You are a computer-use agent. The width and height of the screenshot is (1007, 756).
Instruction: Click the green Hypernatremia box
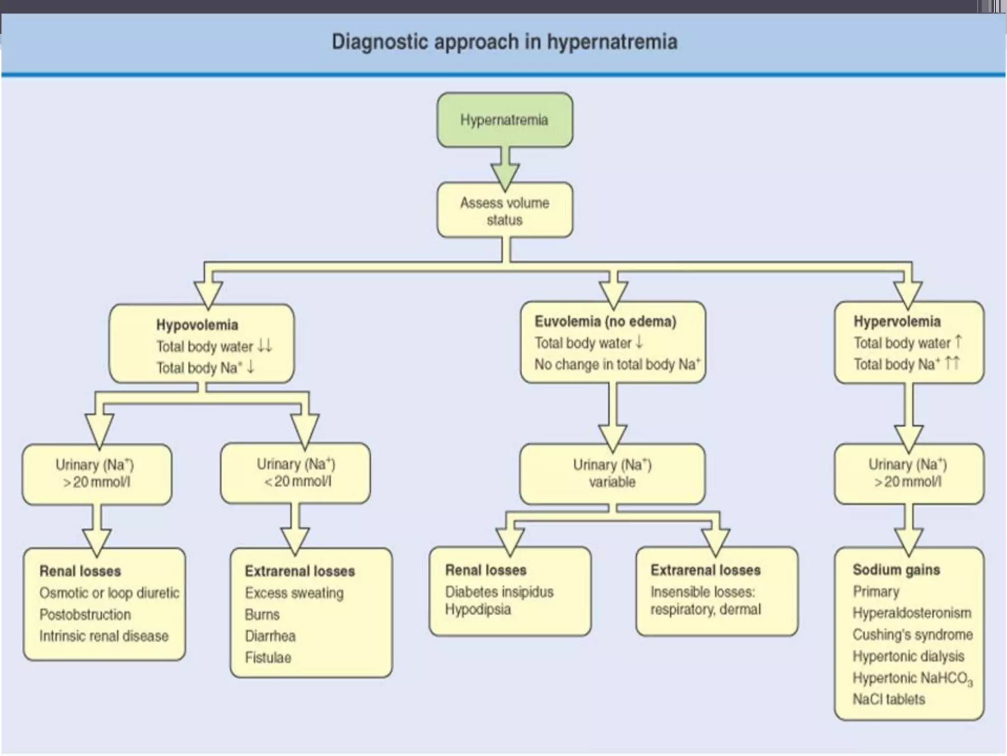click(x=504, y=120)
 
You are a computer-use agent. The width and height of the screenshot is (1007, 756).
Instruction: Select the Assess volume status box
click(x=504, y=211)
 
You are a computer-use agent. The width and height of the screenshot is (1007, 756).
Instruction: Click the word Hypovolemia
click(x=197, y=325)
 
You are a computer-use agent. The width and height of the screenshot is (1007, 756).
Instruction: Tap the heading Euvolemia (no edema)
click(x=605, y=321)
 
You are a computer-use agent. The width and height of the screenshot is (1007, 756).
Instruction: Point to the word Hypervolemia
click(x=897, y=321)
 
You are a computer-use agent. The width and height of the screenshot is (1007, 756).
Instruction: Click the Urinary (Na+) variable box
click(x=612, y=473)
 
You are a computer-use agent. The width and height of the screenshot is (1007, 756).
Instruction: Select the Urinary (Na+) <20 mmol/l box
click(x=296, y=472)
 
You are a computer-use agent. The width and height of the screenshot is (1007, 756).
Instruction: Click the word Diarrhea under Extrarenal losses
click(x=270, y=636)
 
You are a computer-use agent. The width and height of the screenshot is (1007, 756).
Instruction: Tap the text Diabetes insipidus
click(x=499, y=592)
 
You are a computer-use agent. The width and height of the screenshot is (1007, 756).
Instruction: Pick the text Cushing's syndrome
click(x=913, y=634)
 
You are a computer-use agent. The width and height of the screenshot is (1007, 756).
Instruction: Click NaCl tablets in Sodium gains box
click(x=889, y=699)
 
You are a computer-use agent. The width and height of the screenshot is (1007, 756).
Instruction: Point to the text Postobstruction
click(x=85, y=614)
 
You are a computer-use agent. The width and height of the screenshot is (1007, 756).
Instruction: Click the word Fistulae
click(x=268, y=658)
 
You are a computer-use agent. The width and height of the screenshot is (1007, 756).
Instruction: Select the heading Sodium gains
click(x=896, y=569)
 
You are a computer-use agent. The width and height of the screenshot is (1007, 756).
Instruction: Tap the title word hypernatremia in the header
click(x=612, y=42)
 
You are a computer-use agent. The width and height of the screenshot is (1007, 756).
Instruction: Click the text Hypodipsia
click(x=478, y=609)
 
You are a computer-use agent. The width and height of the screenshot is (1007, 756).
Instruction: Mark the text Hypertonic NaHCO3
click(x=913, y=678)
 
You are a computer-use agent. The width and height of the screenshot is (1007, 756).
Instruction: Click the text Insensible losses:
click(x=703, y=592)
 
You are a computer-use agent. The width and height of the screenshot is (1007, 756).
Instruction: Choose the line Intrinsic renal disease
click(x=104, y=636)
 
